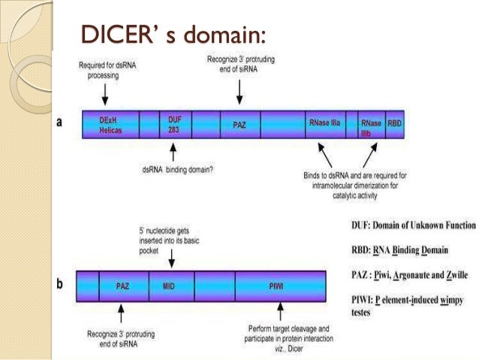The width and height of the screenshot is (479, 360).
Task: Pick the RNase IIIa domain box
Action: point(324,125)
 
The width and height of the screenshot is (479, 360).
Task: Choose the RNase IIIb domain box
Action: point(372,125)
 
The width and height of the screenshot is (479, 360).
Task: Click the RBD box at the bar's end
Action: point(394,125)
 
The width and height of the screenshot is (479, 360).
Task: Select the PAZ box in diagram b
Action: point(124,286)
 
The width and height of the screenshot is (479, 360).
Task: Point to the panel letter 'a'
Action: point(59,124)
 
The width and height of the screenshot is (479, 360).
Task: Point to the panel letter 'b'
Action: point(60,286)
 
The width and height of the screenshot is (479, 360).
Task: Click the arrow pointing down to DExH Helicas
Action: point(106,92)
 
